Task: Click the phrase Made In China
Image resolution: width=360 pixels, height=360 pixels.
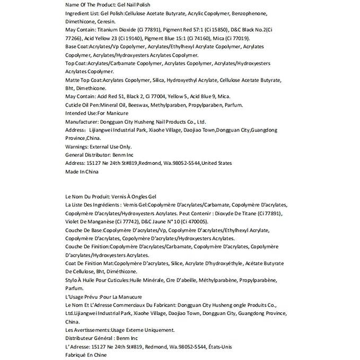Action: [82, 172]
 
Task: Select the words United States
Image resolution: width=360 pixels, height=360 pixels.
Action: [216, 163]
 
